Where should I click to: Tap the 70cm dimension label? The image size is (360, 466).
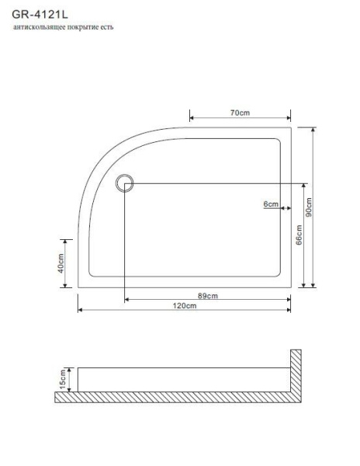click(x=239, y=113)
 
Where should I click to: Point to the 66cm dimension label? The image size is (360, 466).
click(x=299, y=235)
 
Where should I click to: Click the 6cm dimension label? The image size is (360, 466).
click(x=271, y=203)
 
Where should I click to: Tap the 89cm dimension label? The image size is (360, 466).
click(x=206, y=295)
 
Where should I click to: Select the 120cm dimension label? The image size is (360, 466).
click(x=184, y=306)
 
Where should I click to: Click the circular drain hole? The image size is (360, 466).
click(x=125, y=183)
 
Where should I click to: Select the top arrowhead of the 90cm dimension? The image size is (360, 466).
click(x=313, y=128)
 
